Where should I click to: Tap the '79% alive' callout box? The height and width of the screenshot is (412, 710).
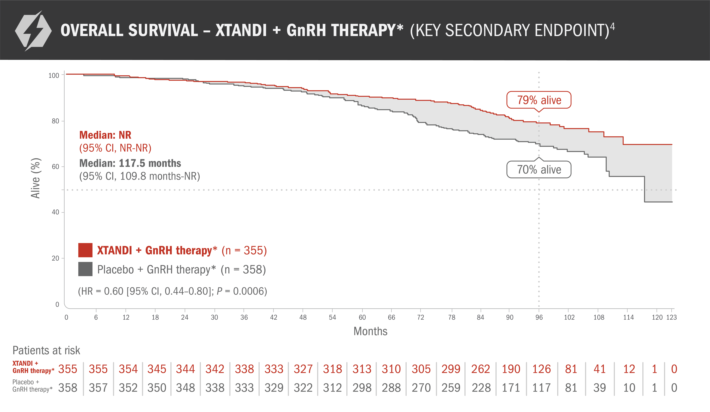pyautogui.click(x=539, y=100)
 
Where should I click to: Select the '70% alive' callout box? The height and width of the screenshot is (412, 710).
pyautogui.click(x=539, y=169)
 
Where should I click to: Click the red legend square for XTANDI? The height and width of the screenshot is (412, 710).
pyautogui.click(x=85, y=250)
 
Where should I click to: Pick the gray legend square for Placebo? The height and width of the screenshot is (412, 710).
pyautogui.click(x=85, y=269)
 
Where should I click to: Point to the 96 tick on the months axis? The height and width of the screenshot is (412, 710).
pyautogui.click(x=539, y=317)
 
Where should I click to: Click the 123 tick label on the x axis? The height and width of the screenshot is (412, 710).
pyautogui.click(x=671, y=317)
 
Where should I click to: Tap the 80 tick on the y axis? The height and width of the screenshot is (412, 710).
pyautogui.click(x=56, y=121)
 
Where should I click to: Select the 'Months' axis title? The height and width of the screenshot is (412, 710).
pyautogui.click(x=370, y=331)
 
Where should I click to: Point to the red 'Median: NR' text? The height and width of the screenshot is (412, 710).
pyautogui.click(x=105, y=135)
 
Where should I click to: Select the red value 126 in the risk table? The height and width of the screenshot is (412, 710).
pyautogui.click(x=541, y=369)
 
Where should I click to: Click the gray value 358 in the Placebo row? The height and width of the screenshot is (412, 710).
pyautogui.click(x=68, y=388)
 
